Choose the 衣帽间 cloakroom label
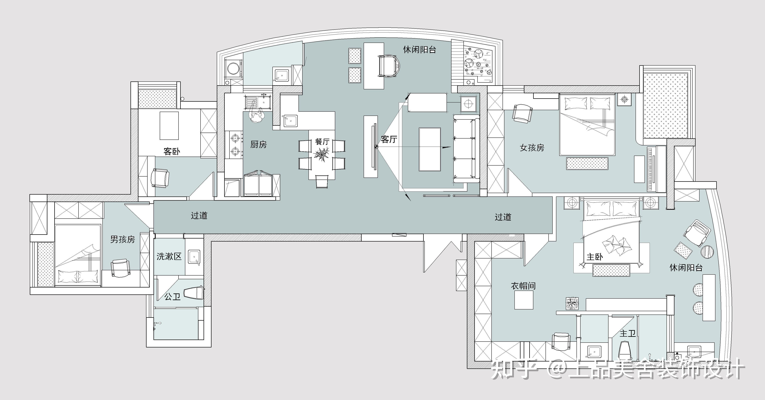[x=523, y=286]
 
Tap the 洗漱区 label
[x=169, y=256]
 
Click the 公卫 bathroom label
[x=173, y=296]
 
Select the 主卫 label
[x=627, y=334]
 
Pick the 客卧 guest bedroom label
[x=172, y=152]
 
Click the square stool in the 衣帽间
[x=524, y=300]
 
